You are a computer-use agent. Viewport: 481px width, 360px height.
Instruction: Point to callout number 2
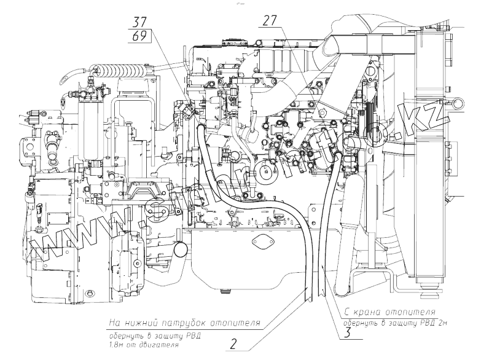click(x=233, y=344)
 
